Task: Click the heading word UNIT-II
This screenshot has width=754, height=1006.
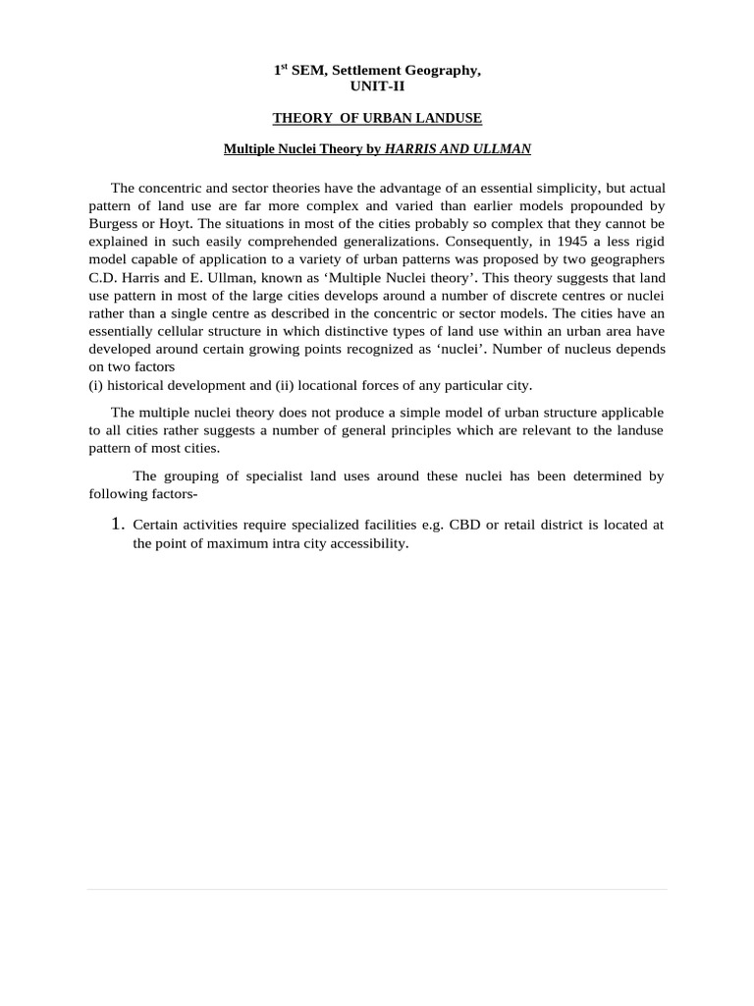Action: click(377, 86)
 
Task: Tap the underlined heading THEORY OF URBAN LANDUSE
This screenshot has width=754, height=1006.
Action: click(377, 118)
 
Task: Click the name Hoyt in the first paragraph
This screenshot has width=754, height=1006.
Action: click(174, 223)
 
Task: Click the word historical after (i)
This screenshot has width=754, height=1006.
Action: click(136, 385)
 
